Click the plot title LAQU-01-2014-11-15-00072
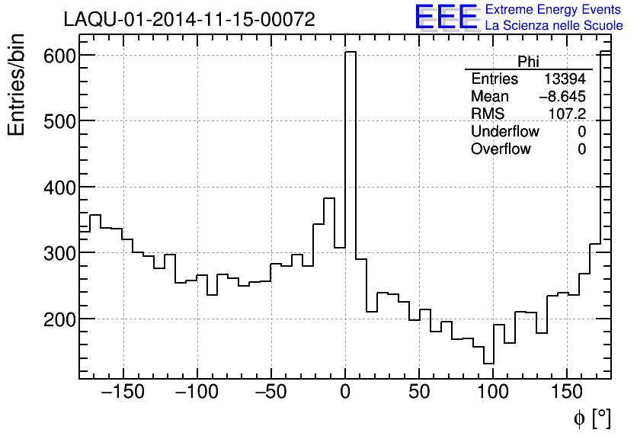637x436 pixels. [x=189, y=20]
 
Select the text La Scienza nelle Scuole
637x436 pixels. [x=554, y=25]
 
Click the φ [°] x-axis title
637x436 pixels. [x=592, y=418]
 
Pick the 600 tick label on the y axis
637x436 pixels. [x=58, y=56]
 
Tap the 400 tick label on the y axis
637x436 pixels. [x=58, y=187]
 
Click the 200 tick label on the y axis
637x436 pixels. [x=58, y=319]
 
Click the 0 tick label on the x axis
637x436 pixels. [x=345, y=394]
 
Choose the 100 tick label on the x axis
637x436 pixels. [x=493, y=394]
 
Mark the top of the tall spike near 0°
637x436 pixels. [x=351, y=53]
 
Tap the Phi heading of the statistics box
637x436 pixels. [x=528, y=62]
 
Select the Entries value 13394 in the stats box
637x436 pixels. [x=565, y=79]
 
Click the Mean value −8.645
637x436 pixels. [x=562, y=97]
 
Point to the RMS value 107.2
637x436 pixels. [x=567, y=114]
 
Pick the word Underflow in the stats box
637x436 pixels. [x=504, y=132]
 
